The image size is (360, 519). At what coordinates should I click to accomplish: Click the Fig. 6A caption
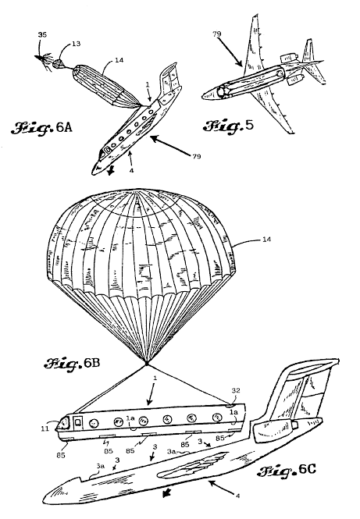coord(41,127)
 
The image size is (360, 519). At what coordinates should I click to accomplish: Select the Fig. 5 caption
coord(228,126)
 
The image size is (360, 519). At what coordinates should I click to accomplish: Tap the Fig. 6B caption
coord(72,364)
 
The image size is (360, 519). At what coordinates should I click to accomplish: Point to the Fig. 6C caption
coord(287,471)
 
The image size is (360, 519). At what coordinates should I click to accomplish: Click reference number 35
coord(42,34)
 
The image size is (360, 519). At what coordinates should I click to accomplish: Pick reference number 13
coord(76,44)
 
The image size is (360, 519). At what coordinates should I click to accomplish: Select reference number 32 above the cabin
coord(236,390)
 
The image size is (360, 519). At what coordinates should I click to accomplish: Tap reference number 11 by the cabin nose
coord(45,429)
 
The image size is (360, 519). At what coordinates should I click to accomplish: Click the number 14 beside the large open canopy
coord(266,239)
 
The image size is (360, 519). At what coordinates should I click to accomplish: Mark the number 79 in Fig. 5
coord(217,34)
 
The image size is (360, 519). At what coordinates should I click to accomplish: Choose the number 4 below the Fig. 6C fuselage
coord(237,496)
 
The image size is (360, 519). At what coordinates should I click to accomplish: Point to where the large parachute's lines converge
coord(146,364)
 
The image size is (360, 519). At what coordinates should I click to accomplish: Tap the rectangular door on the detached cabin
coord(79,423)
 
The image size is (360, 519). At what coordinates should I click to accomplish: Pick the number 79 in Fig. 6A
coord(196,156)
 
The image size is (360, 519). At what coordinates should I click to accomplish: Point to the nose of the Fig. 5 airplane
coord(203,97)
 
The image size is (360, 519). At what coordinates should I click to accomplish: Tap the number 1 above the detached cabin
coord(155,378)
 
